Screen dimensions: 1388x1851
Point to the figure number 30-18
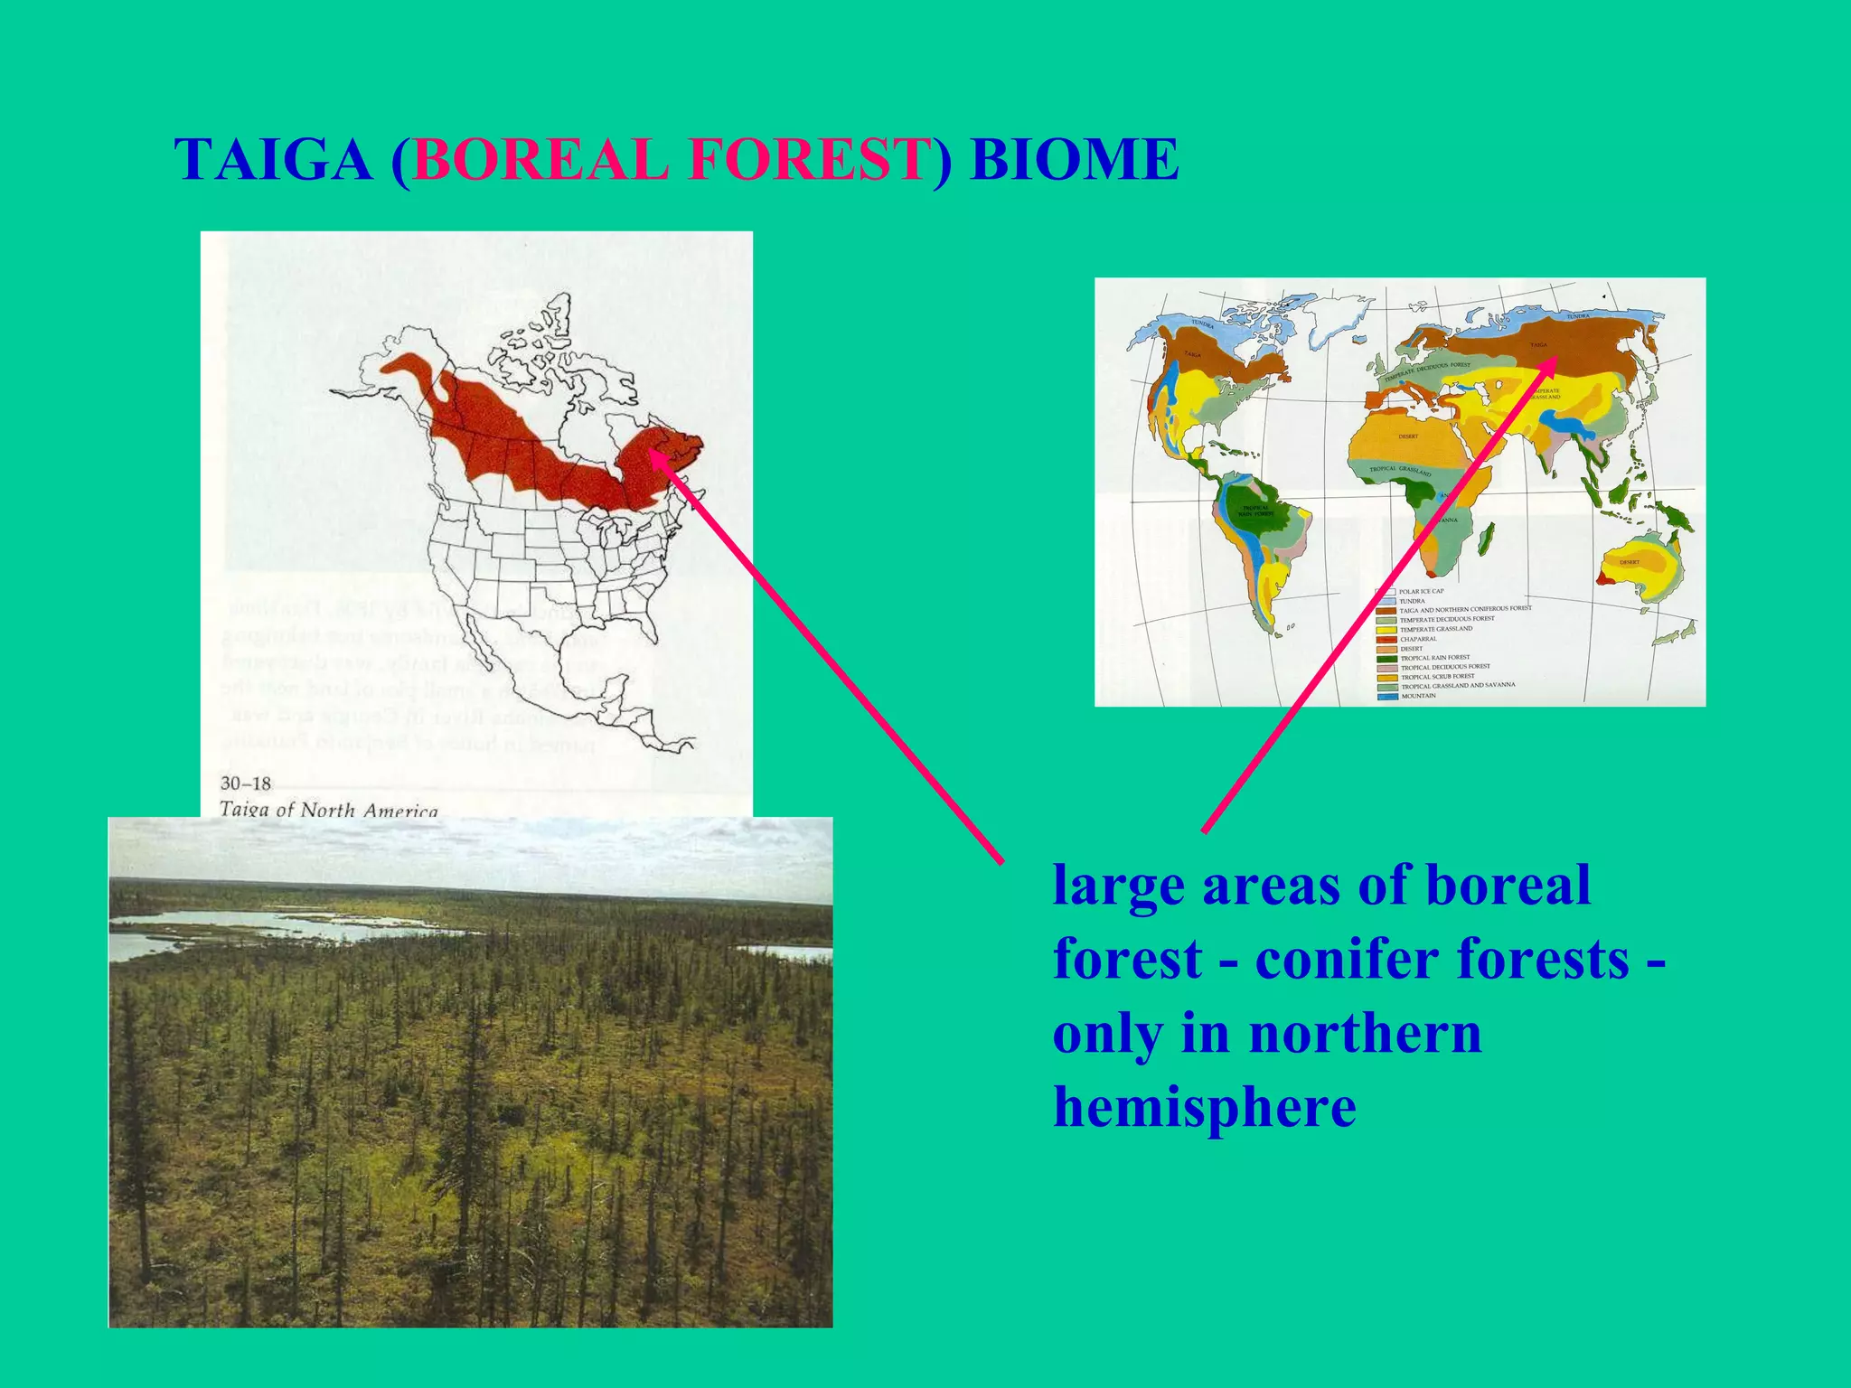pos(246,783)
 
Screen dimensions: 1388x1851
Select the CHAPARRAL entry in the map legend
pos(1418,639)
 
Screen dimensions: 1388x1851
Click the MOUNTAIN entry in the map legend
pos(1418,696)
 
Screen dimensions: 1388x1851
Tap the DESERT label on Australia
pos(1630,562)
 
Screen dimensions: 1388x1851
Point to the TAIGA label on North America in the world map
pos(1193,354)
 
